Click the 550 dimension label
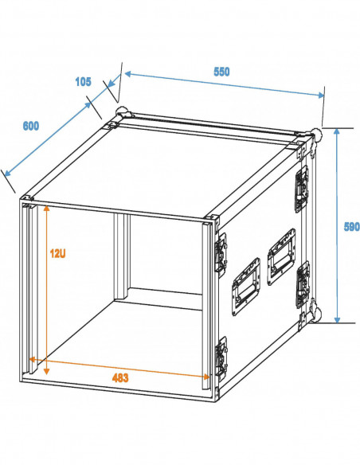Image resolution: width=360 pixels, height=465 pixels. coord(221,72)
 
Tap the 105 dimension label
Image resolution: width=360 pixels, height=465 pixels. coord(83,81)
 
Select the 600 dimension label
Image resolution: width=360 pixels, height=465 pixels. coord(31,126)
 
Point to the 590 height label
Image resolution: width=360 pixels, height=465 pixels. coord(351,227)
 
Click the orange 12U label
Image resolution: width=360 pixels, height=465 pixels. coord(57,253)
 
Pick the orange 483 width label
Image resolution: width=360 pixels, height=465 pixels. coord(120,377)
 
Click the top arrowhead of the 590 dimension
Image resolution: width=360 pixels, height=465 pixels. coord(337,131)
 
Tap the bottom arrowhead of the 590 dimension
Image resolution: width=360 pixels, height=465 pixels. coord(337,319)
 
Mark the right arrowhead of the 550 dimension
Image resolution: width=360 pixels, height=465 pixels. coord(321,95)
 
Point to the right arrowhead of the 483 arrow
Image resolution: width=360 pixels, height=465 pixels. coord(205,377)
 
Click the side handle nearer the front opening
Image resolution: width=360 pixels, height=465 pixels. coord(246,287)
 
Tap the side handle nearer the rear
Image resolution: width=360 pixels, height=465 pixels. coord(281,256)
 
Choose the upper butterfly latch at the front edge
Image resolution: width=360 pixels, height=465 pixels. coord(221,255)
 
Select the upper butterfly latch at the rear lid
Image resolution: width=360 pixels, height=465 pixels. coord(301,190)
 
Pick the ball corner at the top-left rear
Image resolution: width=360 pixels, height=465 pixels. coord(123,112)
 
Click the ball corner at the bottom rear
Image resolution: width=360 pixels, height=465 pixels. coord(316,315)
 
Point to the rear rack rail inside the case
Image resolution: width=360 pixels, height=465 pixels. coord(122,256)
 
